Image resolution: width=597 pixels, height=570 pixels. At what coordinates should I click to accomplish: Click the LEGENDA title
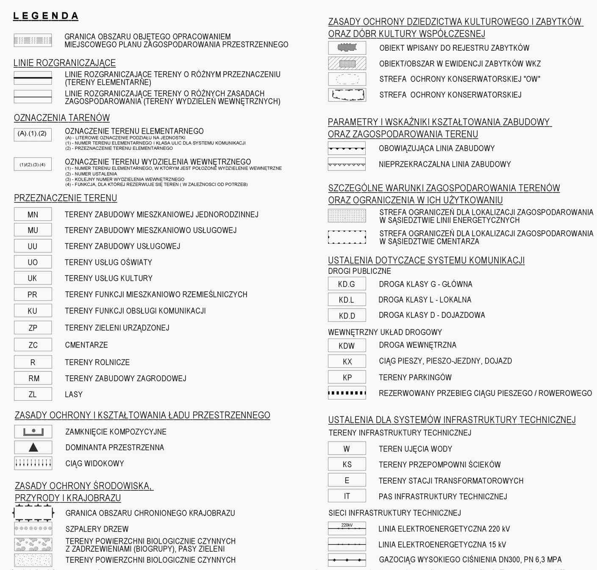coord(46,16)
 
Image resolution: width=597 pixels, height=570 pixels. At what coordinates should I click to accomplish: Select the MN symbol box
coord(33,215)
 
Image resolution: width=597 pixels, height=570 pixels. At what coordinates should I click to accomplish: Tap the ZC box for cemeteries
coord(33,345)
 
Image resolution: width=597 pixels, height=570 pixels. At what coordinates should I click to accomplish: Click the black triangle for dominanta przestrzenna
coord(33,447)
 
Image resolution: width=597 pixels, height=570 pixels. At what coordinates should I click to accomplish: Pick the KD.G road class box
coord(347,284)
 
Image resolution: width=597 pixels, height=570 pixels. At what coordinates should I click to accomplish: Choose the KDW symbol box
coord(347,345)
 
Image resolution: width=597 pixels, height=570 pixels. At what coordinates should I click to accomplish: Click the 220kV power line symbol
coord(347,529)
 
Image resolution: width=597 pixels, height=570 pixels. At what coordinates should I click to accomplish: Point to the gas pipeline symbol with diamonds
coord(347,560)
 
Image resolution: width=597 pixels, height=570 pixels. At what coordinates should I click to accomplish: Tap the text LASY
coord(74,394)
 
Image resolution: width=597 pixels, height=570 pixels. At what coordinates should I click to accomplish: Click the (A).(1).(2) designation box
coord(32,134)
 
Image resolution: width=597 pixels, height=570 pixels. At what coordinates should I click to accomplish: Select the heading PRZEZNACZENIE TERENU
coord(65,198)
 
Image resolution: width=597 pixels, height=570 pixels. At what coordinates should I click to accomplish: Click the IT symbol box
coord(347,496)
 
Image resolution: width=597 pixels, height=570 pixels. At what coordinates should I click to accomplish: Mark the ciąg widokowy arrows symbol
coord(33,463)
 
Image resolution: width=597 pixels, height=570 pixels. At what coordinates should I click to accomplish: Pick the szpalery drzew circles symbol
coord(33,528)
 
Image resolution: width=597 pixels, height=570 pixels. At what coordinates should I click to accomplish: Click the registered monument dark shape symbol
coord(347,47)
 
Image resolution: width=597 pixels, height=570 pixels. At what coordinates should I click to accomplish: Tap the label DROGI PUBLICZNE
coord(359,271)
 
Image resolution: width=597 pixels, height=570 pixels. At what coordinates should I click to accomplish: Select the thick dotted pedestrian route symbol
coord(347,393)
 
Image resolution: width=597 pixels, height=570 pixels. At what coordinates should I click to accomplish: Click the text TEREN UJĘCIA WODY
coord(415,449)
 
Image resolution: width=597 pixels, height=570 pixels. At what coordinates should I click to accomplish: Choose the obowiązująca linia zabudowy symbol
coord(347,149)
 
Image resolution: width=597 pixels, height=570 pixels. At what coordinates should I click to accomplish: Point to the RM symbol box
coord(33,378)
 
